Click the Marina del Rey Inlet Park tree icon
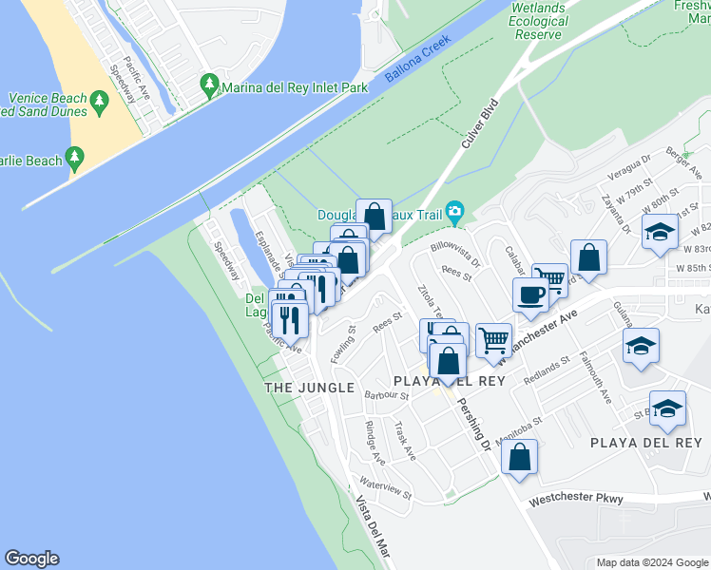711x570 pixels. (x=209, y=86)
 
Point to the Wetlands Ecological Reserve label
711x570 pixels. (x=539, y=21)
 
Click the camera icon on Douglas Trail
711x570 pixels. (x=455, y=210)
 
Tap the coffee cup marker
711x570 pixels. (x=529, y=294)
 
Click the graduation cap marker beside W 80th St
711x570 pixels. (x=659, y=232)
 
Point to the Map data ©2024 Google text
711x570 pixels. (x=651, y=562)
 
